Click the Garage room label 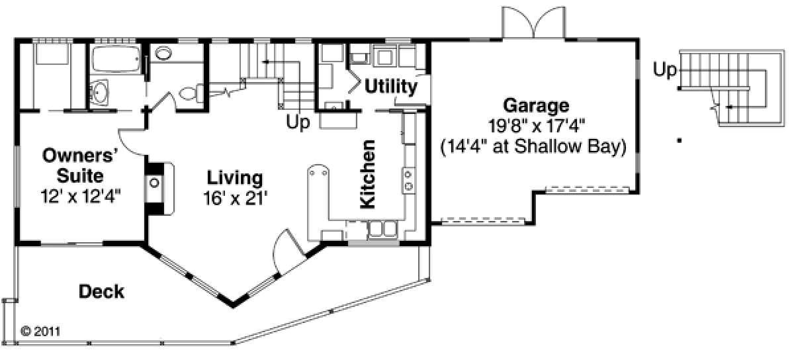(536, 106)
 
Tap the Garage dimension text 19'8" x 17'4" (536, 126)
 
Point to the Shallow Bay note (533, 146)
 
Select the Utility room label (391, 87)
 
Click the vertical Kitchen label (368, 174)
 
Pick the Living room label (235, 178)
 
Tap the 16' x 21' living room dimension (235, 198)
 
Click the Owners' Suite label (80, 165)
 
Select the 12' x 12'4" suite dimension (81, 196)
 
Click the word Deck (101, 292)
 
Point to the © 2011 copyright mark (40, 332)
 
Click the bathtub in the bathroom (116, 60)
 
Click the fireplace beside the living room (159, 188)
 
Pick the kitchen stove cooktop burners (408, 180)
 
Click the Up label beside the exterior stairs (664, 69)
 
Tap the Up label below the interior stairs (298, 122)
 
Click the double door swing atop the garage (533, 22)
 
